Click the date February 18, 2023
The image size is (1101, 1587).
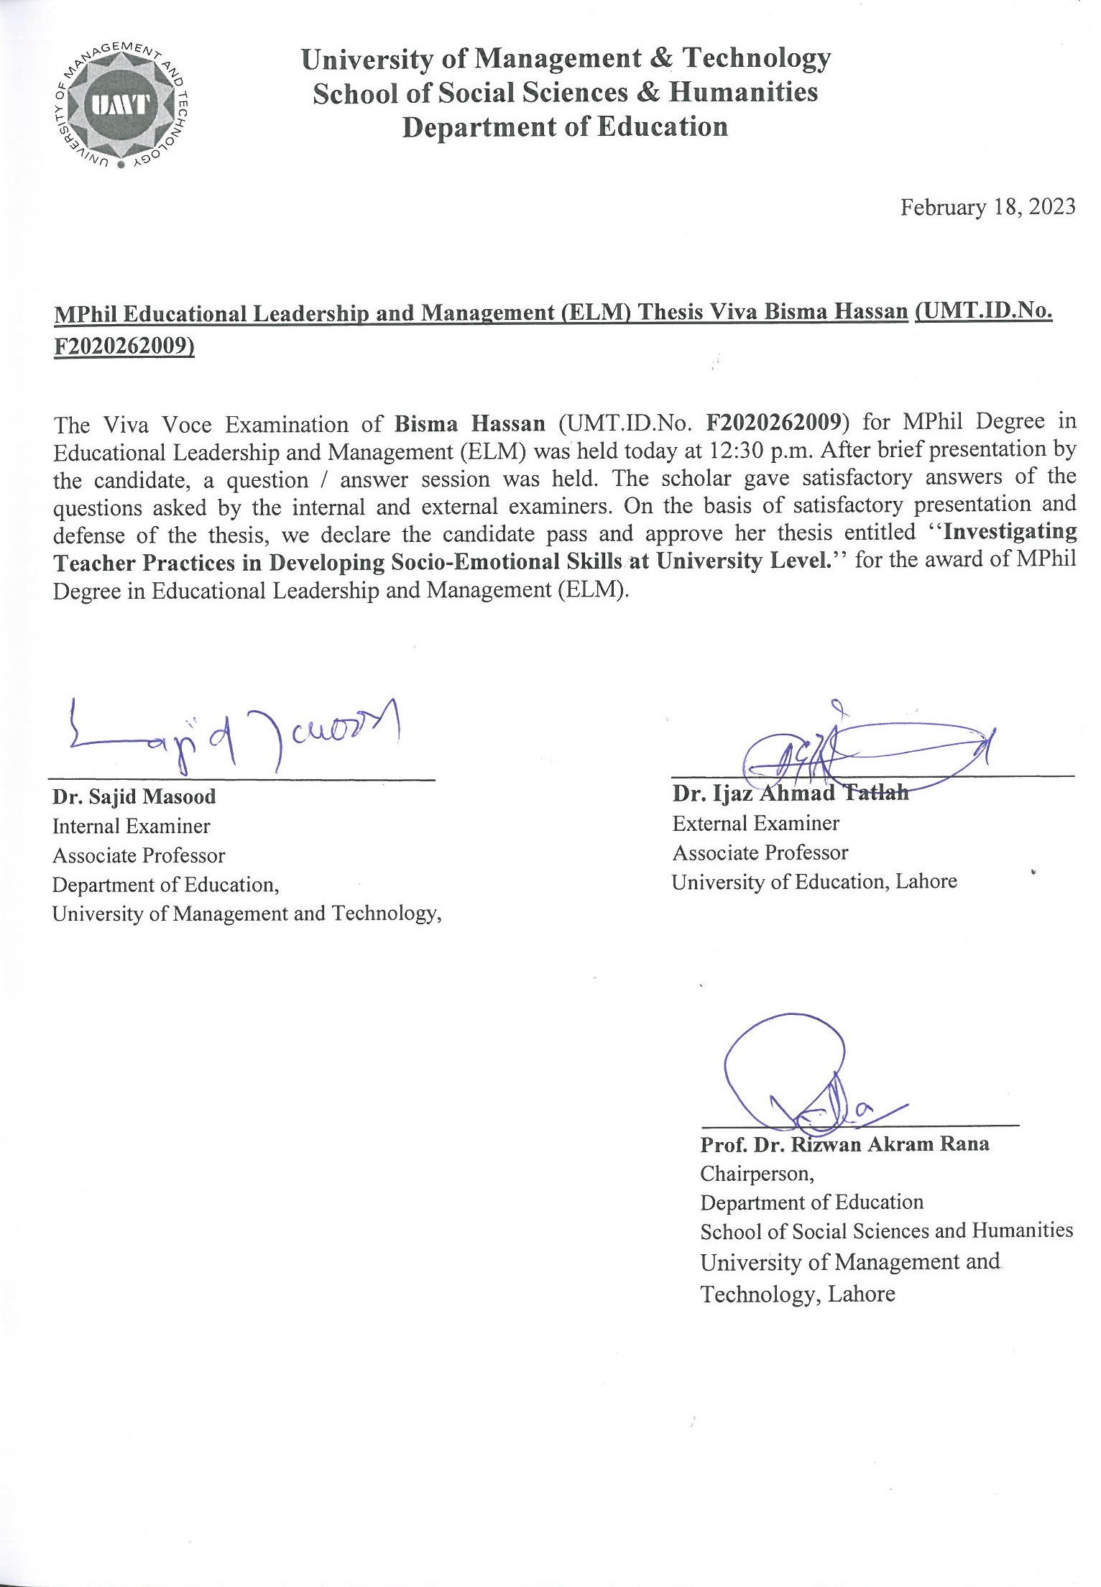click(x=988, y=208)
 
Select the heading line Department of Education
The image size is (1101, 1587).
click(x=565, y=127)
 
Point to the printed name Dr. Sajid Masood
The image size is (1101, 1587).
click(x=134, y=796)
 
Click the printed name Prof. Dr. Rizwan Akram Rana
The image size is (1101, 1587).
click(x=844, y=1144)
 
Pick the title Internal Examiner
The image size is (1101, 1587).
click(x=131, y=827)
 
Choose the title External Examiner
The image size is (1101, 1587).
click(x=755, y=824)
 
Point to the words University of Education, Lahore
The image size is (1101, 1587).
click(x=814, y=882)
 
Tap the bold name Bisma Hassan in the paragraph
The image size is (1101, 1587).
click(x=470, y=423)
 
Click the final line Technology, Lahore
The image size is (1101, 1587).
click(x=798, y=1294)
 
